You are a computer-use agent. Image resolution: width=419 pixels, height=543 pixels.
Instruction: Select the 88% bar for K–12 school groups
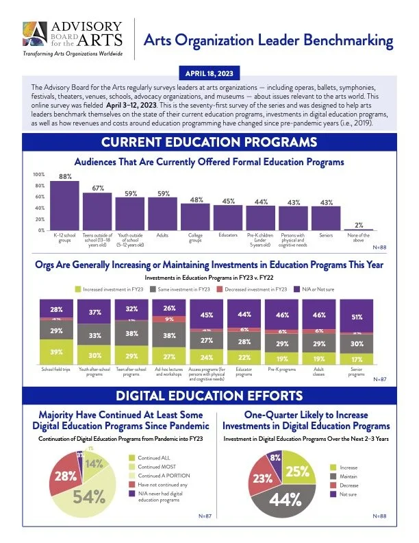(66, 205)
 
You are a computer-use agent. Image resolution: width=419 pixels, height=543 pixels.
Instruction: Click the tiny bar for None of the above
(359, 229)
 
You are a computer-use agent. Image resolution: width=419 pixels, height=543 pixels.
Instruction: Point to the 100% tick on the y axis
(40, 175)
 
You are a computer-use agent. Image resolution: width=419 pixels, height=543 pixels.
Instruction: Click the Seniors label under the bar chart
(326, 235)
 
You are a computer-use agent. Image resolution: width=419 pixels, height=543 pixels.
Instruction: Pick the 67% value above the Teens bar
(98, 188)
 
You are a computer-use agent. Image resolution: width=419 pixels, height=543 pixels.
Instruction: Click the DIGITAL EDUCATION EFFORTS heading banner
(209, 396)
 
